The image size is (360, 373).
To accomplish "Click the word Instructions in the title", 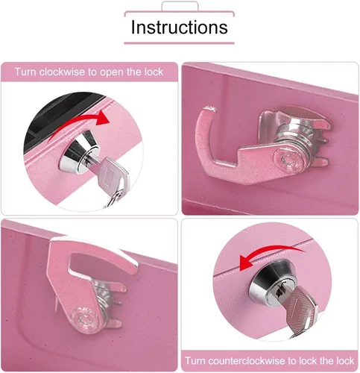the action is pos(179,27).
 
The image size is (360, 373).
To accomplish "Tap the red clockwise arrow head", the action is pos(102,117).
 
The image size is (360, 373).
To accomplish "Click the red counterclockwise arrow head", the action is pos(246,263).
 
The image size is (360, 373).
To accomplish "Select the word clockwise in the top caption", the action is pos(62,72).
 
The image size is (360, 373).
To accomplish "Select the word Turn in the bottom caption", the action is pos(195,360).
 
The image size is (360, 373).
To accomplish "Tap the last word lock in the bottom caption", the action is pos(345,360).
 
